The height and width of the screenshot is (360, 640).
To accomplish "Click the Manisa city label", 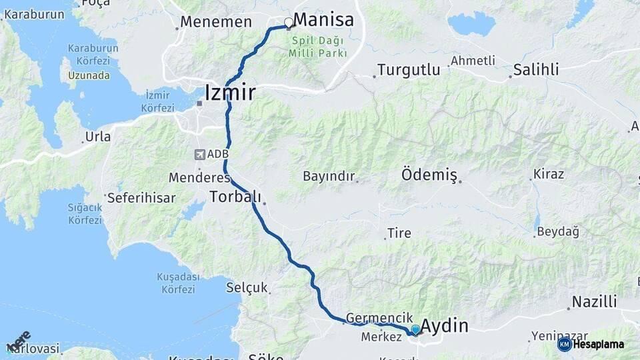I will point(323,19).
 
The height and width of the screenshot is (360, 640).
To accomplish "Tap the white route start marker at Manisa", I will point(289,23).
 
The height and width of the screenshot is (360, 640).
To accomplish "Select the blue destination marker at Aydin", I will point(415,329).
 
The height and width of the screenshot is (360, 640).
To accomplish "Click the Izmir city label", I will point(230,92).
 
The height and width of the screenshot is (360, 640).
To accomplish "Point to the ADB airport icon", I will point(199,155).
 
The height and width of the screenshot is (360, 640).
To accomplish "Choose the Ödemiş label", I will point(429,175).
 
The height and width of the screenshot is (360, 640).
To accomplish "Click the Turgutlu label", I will point(409,69).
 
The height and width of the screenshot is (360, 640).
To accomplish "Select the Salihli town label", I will point(536,69).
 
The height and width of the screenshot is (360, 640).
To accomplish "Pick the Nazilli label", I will point(594,301).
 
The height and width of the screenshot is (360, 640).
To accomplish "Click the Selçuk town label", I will point(247,288).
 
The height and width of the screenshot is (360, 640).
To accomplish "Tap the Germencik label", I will point(379,319).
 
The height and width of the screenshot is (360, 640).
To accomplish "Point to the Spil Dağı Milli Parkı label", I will point(318,47).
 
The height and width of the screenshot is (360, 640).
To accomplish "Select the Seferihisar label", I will point(141,198).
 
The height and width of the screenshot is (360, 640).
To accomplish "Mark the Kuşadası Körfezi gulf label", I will point(178,283).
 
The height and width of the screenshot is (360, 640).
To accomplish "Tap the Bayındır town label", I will point(327,177).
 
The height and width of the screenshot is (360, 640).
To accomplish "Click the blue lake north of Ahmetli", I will point(471,23).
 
